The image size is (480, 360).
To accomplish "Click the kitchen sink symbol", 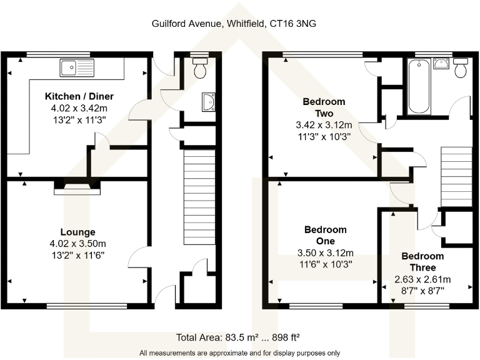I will [76, 66].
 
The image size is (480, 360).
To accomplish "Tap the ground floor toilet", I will [200, 68].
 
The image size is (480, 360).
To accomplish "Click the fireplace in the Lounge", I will [76, 186].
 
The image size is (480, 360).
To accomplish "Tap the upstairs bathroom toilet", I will [461, 67].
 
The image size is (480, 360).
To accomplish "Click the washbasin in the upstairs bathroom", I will [441, 63].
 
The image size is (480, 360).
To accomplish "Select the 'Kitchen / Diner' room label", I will [78, 96].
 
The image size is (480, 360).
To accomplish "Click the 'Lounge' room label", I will [78, 232].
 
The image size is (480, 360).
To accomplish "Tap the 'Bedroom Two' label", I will [324, 107].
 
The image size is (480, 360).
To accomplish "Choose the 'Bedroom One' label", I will [324, 235].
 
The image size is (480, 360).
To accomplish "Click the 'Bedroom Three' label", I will [422, 261].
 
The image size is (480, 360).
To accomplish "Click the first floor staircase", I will [456, 177].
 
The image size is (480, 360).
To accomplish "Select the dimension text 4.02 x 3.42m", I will [78, 107].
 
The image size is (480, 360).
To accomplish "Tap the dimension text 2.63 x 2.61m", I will [422, 279].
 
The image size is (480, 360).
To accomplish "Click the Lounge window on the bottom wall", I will [87, 306].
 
